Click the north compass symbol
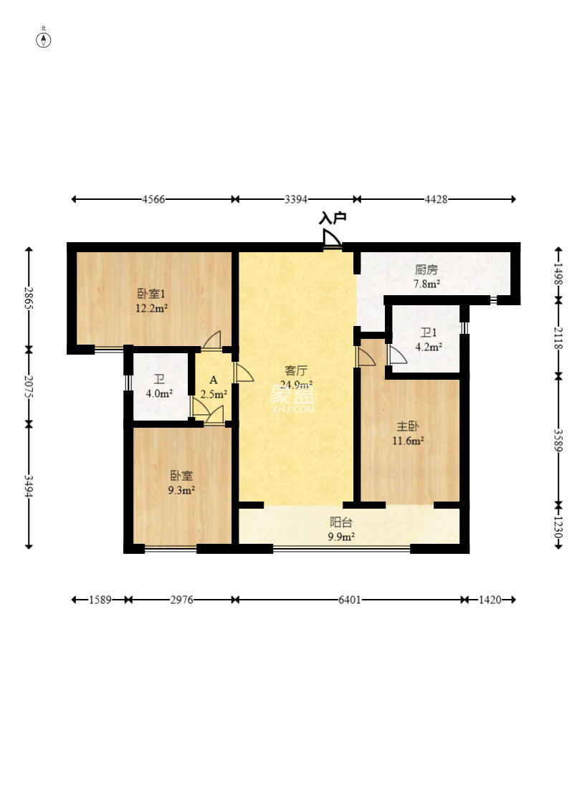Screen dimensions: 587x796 click(x=44, y=39)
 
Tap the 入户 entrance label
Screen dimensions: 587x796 click(x=333, y=219)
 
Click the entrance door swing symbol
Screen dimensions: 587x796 click(x=332, y=239)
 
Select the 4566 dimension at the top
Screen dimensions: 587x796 click(x=153, y=199)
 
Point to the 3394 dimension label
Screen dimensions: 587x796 click(x=295, y=199)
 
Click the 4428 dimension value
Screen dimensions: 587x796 click(x=436, y=199)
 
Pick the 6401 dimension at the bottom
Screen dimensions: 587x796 click(x=349, y=600)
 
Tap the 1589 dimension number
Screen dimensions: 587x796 click(x=100, y=600)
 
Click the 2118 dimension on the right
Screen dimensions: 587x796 click(x=558, y=338)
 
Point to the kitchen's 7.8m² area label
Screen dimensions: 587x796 click(x=426, y=284)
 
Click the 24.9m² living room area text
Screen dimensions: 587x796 click(x=296, y=385)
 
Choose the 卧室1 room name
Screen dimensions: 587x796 click(x=151, y=294)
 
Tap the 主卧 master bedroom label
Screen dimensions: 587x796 click(x=408, y=426)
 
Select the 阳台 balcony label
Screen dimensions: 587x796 click(x=341, y=522)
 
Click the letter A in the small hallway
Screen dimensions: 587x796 click(x=214, y=380)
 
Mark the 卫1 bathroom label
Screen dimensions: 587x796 click(x=429, y=333)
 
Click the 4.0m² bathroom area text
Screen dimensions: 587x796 click(x=159, y=393)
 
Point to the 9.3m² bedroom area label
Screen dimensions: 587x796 click(x=181, y=490)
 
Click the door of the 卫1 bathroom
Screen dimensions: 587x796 click(x=396, y=355)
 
